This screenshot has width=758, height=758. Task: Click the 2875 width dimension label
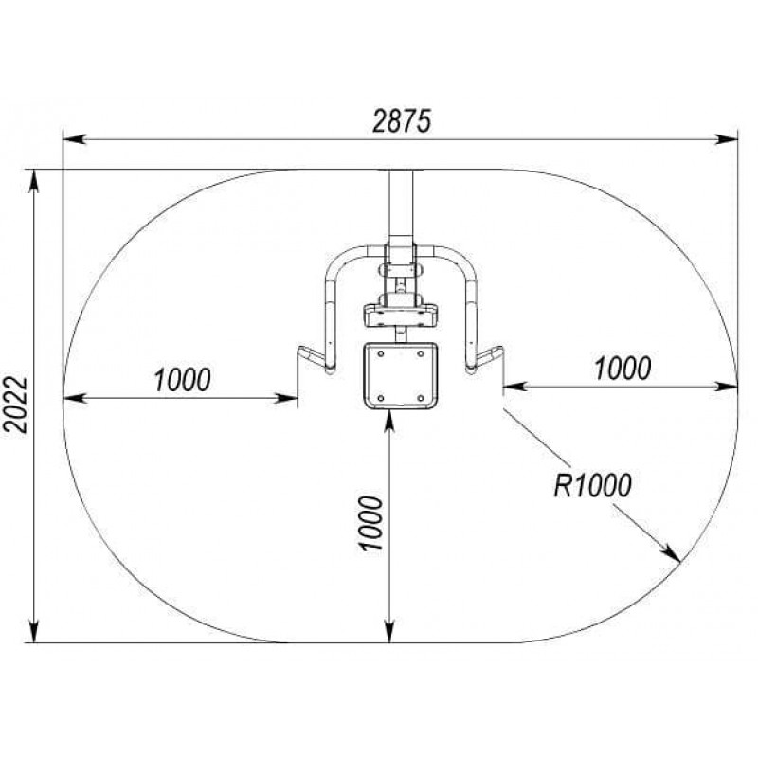point(401,121)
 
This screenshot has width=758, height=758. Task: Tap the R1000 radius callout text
point(593,485)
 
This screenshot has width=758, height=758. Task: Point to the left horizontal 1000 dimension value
point(183,380)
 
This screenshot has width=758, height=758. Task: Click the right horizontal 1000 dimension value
point(623,368)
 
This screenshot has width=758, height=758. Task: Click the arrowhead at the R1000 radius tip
point(673,554)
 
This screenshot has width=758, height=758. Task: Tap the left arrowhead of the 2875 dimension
point(75,139)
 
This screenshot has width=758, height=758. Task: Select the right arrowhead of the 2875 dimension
point(727,139)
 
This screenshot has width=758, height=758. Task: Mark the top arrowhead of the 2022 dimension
point(34,181)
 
